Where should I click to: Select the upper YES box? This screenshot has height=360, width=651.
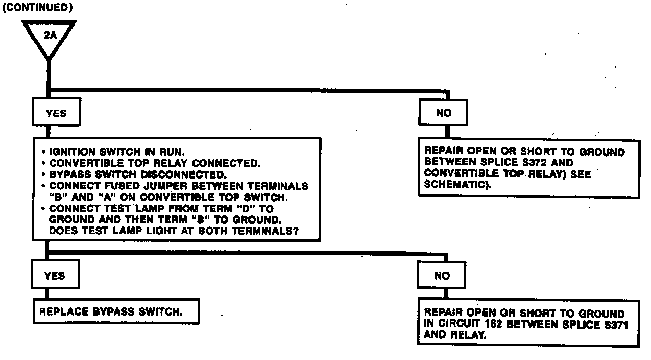(56, 113)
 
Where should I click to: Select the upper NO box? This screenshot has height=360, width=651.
(443, 113)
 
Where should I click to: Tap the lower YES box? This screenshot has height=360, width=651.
(55, 276)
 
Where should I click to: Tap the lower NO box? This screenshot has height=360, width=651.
(442, 276)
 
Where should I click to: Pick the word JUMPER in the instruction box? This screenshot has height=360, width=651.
(155, 186)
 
